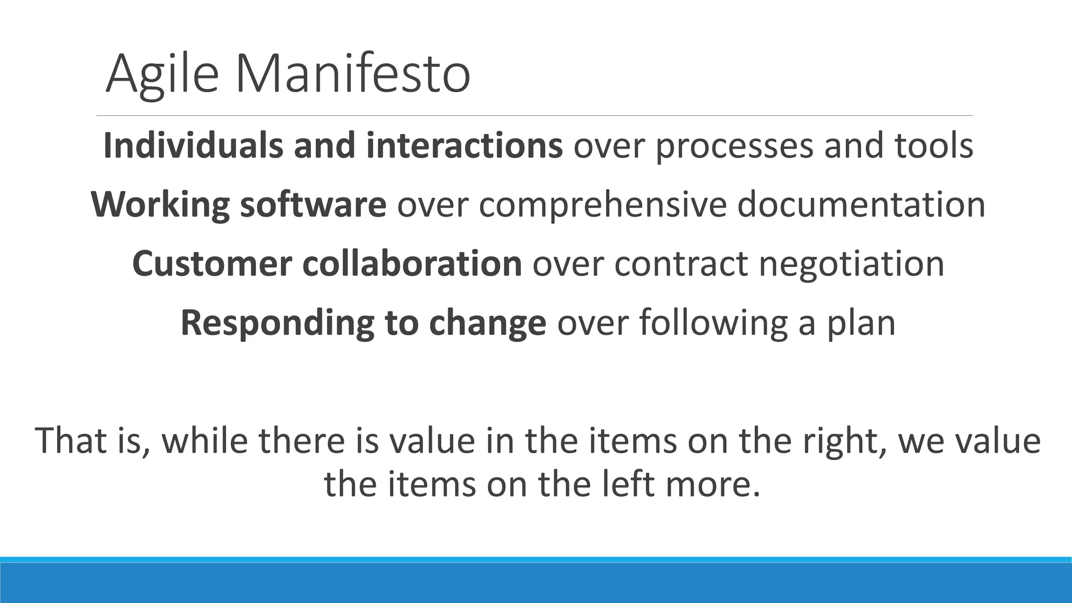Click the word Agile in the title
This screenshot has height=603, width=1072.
162,74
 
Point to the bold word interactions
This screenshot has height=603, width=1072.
464,146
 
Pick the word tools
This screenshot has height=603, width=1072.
934,146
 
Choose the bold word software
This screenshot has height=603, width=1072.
313,204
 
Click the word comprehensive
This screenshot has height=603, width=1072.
602,205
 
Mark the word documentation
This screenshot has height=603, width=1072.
861,204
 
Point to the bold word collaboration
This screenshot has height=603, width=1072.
412,263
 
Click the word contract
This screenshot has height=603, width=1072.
681,263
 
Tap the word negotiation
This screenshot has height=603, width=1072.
852,264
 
